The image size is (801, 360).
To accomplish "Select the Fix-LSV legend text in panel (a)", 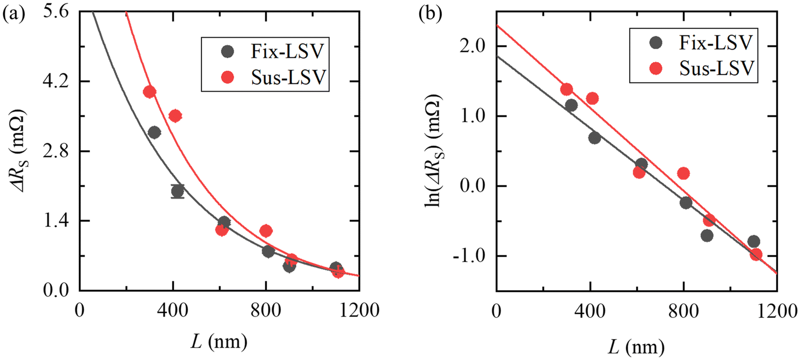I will coord(287,51).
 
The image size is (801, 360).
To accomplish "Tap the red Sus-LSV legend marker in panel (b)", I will coord(656,69).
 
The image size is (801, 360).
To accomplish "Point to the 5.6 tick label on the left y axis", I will coord(56,11).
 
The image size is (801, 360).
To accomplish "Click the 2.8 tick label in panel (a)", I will coord(56,151).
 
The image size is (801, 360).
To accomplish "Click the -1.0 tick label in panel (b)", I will coord(469,256).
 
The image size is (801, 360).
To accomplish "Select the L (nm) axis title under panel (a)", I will coord(219,342).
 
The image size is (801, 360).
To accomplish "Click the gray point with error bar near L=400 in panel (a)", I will coord(178,191).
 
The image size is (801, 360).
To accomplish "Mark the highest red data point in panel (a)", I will coord(149,92).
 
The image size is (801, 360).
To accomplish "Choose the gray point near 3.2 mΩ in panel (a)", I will coord(154,133).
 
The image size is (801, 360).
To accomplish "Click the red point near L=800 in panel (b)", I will coord(683,173).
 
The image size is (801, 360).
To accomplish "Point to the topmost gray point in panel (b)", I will coord(571,105).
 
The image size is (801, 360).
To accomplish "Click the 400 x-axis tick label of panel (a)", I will coord(173,310).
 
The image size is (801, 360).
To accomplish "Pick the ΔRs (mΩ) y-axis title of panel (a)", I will coord(18,151).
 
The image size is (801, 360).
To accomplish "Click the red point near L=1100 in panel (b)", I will coord(756,254).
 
